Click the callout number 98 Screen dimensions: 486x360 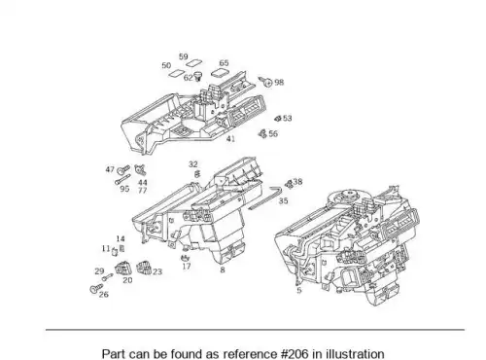(x=279, y=83)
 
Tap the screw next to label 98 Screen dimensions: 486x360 (x=265, y=81)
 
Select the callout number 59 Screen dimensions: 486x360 (x=184, y=56)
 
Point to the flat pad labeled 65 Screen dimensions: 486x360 (x=220, y=73)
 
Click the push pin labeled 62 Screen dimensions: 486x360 (x=197, y=77)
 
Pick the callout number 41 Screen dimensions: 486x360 (x=230, y=139)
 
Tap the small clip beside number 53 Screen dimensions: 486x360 (x=278, y=119)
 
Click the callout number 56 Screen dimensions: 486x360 (x=273, y=134)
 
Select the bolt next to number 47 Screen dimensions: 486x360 (x=123, y=169)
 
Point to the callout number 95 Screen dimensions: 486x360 (x=124, y=189)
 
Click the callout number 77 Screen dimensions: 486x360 (x=143, y=191)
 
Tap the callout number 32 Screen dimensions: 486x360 (x=193, y=164)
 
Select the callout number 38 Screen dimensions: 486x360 (x=297, y=182)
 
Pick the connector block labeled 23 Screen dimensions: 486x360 (x=145, y=268)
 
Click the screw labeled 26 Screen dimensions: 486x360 (x=96, y=288)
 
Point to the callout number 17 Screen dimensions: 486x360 (x=187, y=267)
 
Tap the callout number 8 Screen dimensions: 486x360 (x=223, y=270)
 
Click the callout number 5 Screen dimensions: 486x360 (x=299, y=290)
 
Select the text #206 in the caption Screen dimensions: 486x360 (x=295, y=354)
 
